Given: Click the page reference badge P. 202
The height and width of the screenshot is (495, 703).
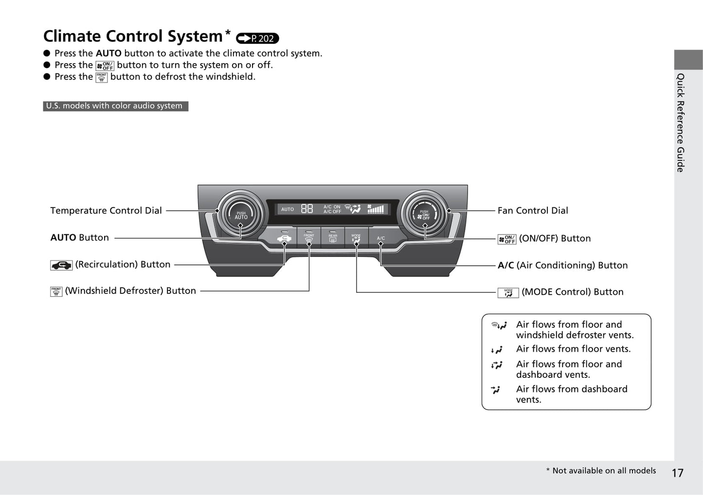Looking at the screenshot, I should (257, 38).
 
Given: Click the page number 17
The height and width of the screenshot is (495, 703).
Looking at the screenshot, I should (677, 473).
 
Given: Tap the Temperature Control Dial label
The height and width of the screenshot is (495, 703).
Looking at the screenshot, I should (106, 210).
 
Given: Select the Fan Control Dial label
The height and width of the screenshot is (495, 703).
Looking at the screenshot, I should (532, 210).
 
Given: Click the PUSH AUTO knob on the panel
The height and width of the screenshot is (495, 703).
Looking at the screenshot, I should (241, 214).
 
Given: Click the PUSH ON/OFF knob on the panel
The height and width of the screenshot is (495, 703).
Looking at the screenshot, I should (424, 214).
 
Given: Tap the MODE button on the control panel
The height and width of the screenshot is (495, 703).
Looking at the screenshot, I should (356, 238).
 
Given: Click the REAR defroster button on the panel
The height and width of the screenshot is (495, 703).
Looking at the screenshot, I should (333, 238).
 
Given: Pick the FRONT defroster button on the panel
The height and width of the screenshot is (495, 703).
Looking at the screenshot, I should (309, 238).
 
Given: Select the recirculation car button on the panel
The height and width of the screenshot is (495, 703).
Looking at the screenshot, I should (284, 238).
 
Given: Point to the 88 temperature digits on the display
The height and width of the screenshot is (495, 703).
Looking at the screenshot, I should (306, 209).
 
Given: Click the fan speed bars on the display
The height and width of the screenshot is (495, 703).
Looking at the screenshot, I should (376, 209).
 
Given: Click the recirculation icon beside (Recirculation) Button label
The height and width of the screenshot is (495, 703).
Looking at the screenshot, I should (61, 265).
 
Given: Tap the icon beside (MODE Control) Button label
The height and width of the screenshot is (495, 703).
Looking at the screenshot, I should (508, 292).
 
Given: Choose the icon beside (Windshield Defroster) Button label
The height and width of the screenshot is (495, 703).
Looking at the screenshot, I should (56, 291).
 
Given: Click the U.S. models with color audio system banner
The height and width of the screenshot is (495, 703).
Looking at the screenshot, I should (115, 106).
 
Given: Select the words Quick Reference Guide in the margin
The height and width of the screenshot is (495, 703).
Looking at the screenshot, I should (681, 122).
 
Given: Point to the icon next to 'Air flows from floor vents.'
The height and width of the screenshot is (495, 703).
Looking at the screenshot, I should (497, 350).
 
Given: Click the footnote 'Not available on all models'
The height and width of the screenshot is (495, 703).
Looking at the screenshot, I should (603, 470).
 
